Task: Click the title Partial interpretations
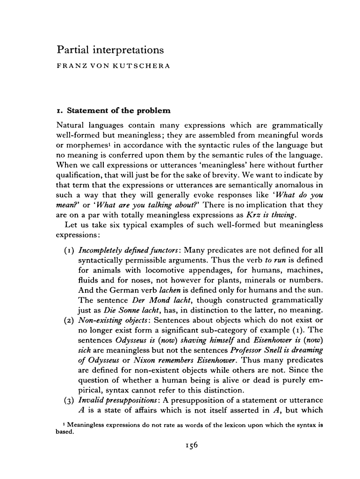pos(110,49)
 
